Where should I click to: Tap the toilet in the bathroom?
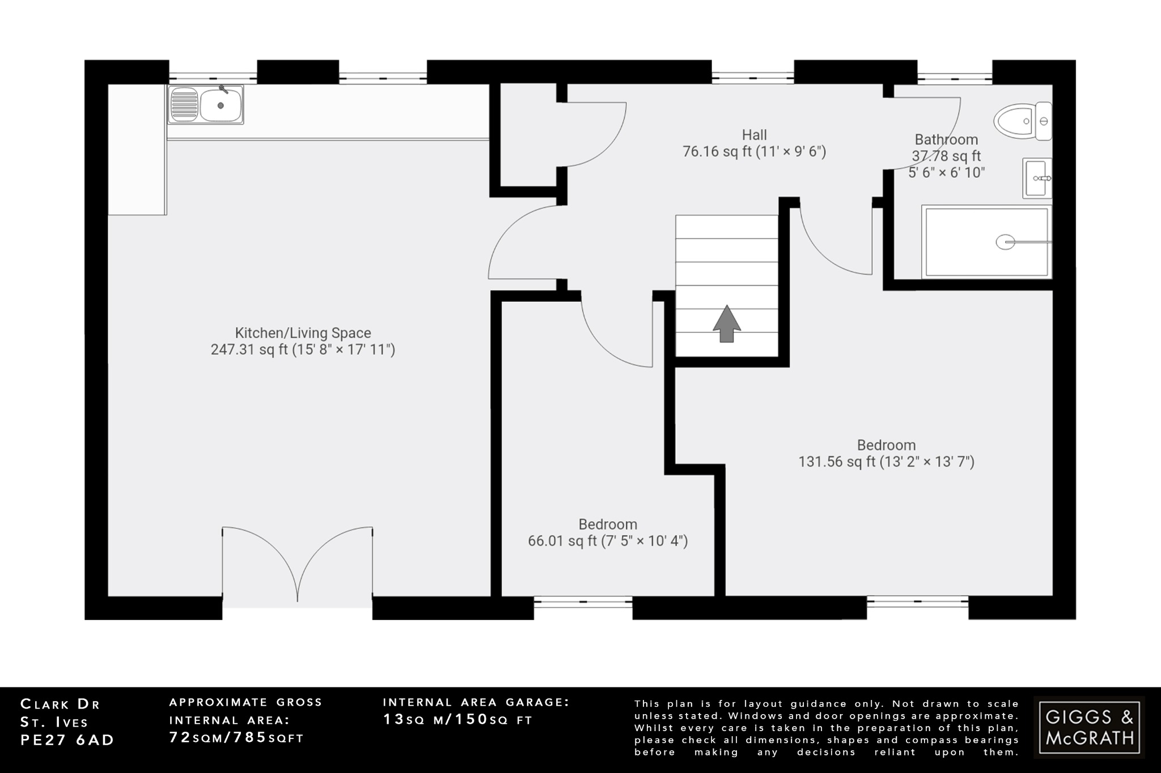[1020, 121]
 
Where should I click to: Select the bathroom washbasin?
[1037, 178]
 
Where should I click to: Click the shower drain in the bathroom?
[1005, 242]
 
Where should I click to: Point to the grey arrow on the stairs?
[727, 324]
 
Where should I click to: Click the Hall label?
[754, 135]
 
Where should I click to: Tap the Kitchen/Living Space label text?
[303, 333]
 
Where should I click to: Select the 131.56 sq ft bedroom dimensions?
[886, 462]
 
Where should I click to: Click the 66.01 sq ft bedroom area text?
[608, 541]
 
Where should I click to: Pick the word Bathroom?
[946, 139]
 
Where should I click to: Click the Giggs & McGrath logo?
[1089, 727]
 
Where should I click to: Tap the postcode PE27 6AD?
[67, 740]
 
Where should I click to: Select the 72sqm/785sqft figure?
[236, 737]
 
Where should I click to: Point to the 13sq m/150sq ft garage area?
[457, 720]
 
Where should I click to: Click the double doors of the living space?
[298, 566]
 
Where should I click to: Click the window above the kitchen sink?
[213, 78]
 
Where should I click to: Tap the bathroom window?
[955, 78]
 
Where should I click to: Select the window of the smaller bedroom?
[583, 603]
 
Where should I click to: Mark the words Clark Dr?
[60, 704]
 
